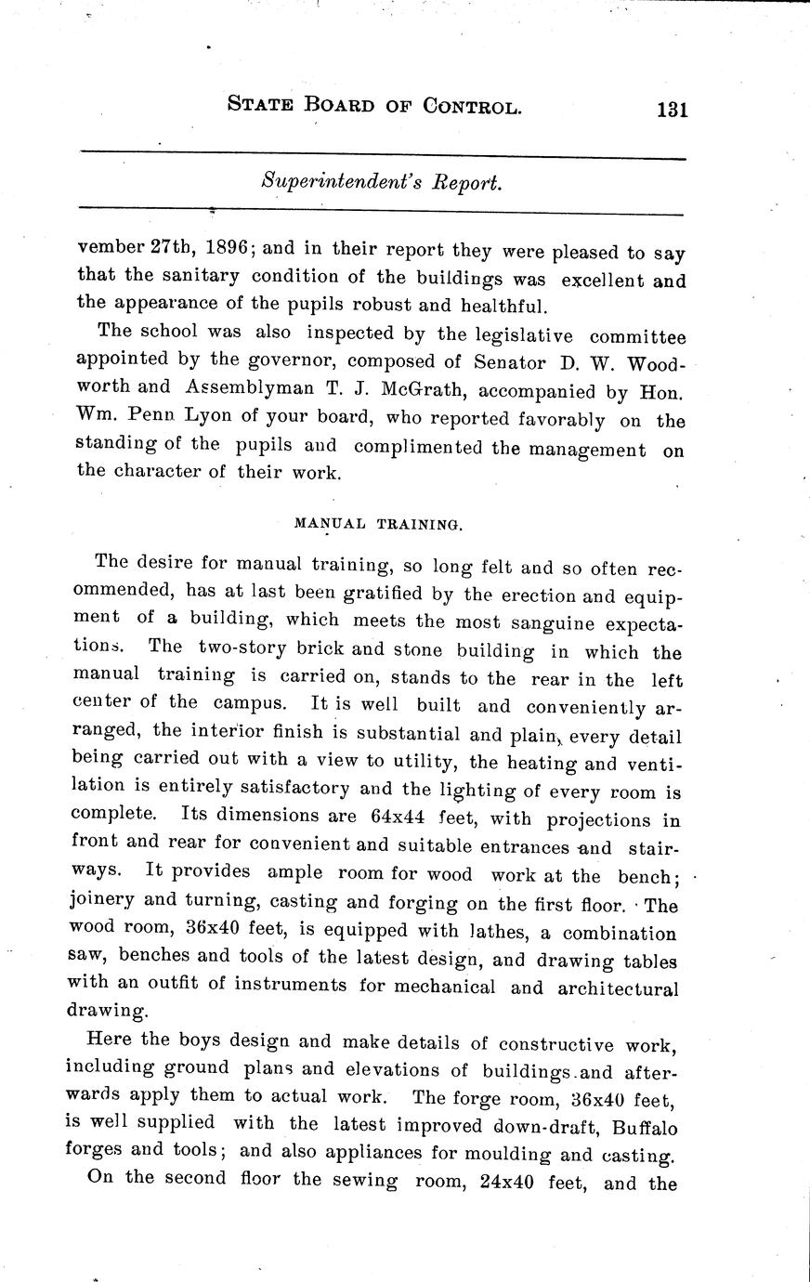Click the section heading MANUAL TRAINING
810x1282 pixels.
tap(378, 524)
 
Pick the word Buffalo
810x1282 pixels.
tap(643, 1128)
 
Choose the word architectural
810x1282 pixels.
tap(618, 988)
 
